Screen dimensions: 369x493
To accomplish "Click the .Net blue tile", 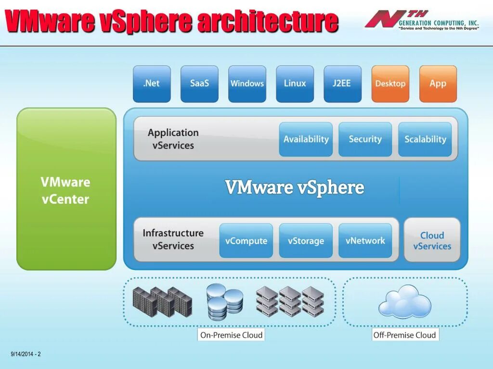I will (x=152, y=84).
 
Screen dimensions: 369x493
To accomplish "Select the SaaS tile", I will (x=199, y=84).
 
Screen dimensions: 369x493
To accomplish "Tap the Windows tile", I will (x=247, y=84).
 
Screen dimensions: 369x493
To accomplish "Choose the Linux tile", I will (x=295, y=84).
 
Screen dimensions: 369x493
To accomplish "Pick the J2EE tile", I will (x=342, y=84).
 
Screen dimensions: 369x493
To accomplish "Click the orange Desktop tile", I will (x=390, y=84).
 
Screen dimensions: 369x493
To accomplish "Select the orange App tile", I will (x=438, y=84).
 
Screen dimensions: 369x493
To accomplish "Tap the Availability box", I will (x=306, y=139).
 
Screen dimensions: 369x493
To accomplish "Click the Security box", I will (x=365, y=139).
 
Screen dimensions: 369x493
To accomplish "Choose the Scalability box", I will (x=425, y=139).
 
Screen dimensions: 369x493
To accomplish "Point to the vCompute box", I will (x=246, y=241).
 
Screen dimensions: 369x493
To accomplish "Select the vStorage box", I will (x=306, y=241).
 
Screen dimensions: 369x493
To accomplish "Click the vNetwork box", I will (x=365, y=241).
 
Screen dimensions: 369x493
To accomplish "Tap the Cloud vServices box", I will (x=432, y=240).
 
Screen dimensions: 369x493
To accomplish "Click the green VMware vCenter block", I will (x=66, y=189).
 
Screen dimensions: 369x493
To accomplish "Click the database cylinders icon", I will (x=224, y=301).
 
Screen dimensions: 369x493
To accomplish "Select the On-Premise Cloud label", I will (x=231, y=335).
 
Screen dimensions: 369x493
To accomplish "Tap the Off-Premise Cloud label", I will (x=405, y=335).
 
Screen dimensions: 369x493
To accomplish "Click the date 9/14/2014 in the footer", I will (x=22, y=354).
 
